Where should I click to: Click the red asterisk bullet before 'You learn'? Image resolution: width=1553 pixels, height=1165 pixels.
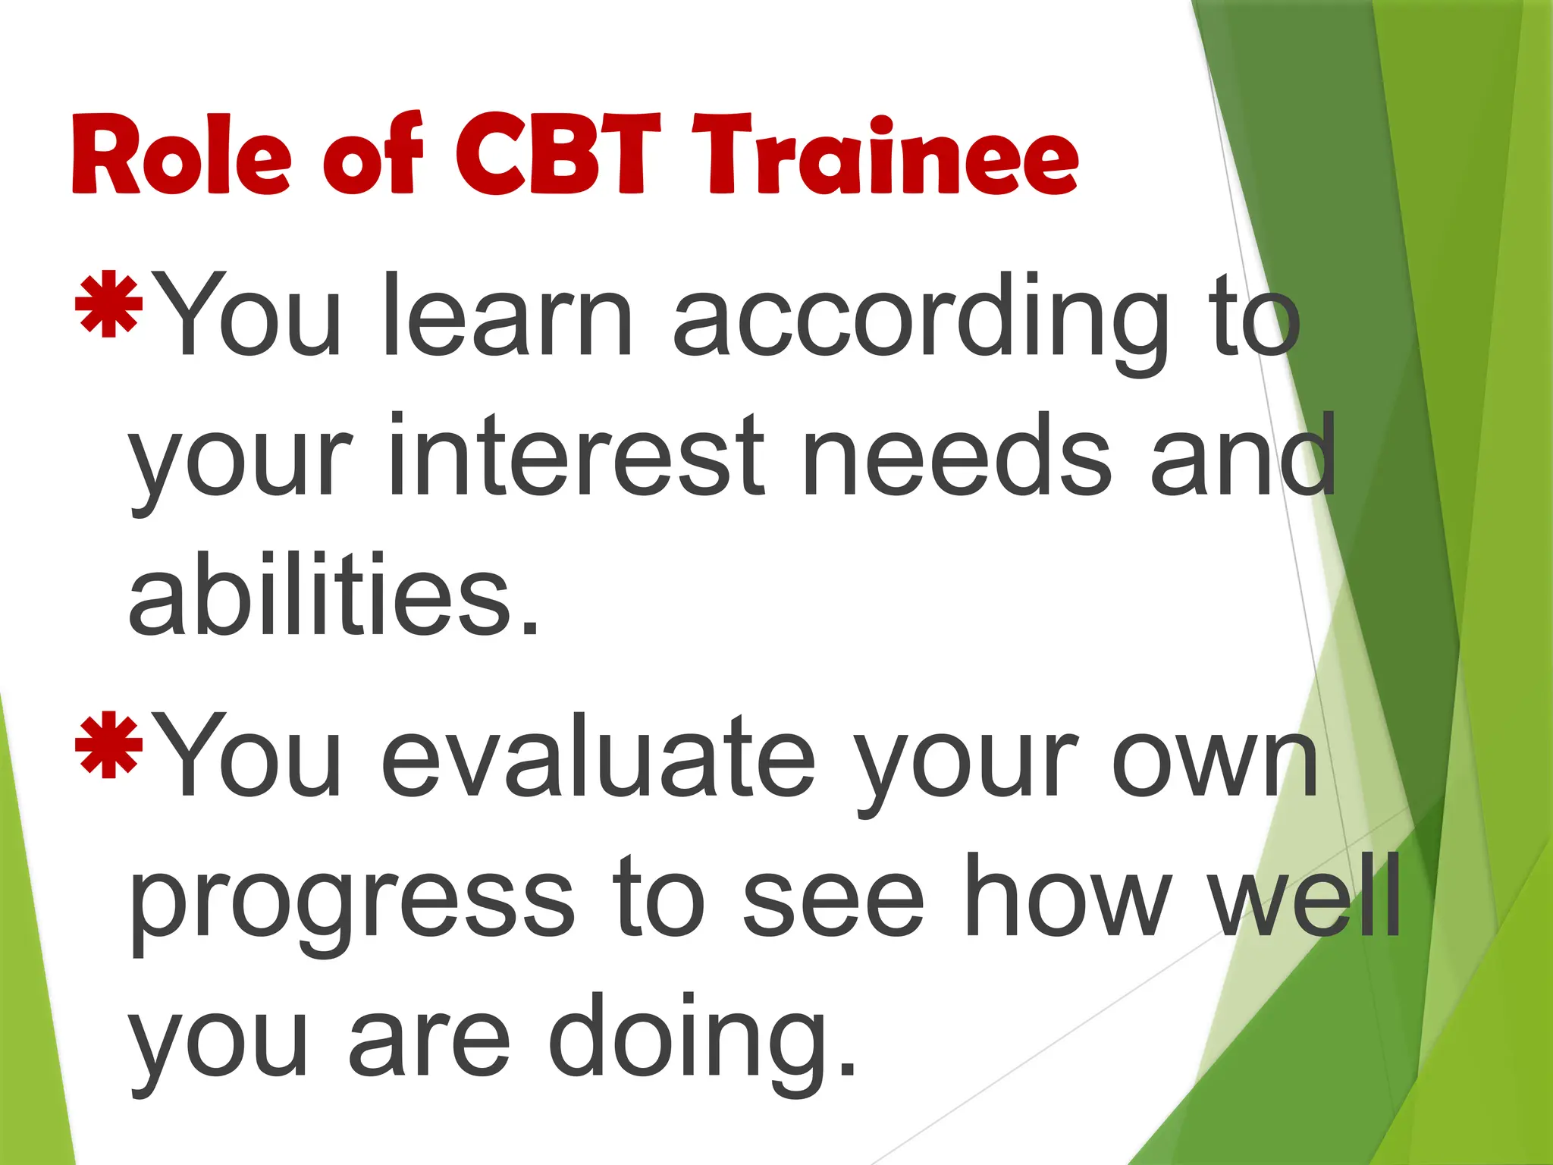coord(109,303)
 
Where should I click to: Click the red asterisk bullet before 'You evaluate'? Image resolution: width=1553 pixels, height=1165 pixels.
coord(109,744)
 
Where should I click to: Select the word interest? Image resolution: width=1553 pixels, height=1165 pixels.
coord(577,455)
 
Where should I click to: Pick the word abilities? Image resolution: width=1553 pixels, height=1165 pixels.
coord(334,595)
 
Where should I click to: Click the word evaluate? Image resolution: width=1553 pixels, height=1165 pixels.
coord(599,755)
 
